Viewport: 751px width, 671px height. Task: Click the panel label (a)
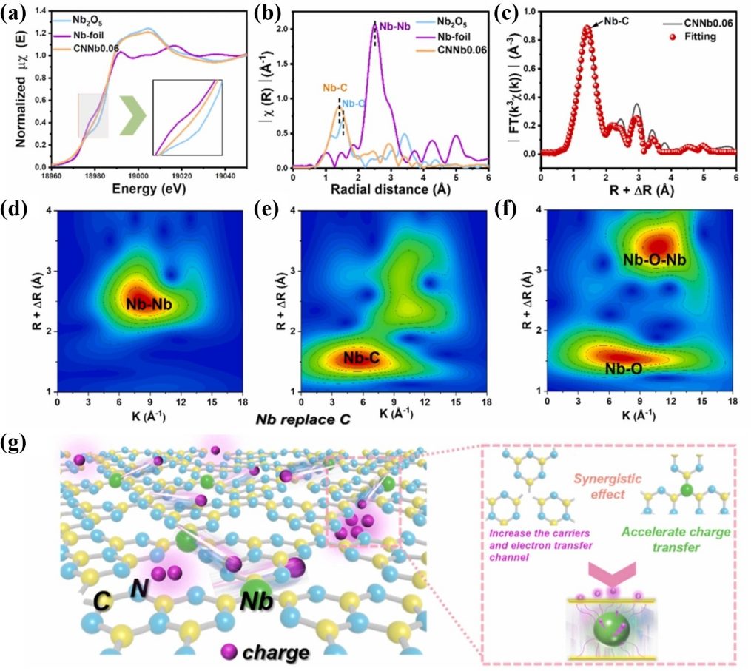(16, 12)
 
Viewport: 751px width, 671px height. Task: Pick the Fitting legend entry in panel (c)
(699, 36)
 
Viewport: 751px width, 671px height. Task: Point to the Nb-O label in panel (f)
(622, 367)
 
